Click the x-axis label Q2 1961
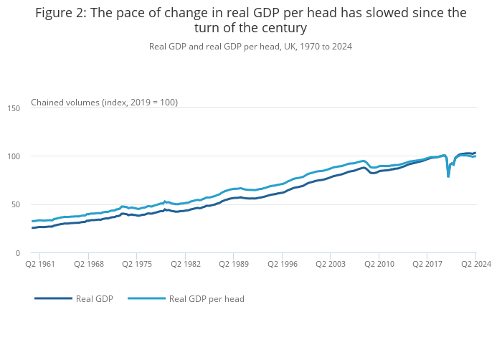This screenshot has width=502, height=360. [40, 265]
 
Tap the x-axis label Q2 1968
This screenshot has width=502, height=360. [88, 265]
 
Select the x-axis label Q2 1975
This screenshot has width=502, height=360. [137, 265]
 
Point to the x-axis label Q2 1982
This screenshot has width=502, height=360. [185, 265]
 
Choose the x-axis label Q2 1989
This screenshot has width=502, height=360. [234, 265]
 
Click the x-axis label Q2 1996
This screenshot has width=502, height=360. [282, 265]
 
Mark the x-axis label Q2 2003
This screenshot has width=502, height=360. [330, 265]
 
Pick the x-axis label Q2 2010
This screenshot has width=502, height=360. [379, 265]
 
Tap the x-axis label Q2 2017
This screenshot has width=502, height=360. [427, 265]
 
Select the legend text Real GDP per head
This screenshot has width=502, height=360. [207, 299]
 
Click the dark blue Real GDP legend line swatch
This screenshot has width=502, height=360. [53, 298]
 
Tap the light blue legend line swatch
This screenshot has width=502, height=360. [146, 298]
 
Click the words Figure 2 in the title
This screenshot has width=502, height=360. [60, 13]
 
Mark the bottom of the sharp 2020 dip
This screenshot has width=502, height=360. [448, 176]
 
